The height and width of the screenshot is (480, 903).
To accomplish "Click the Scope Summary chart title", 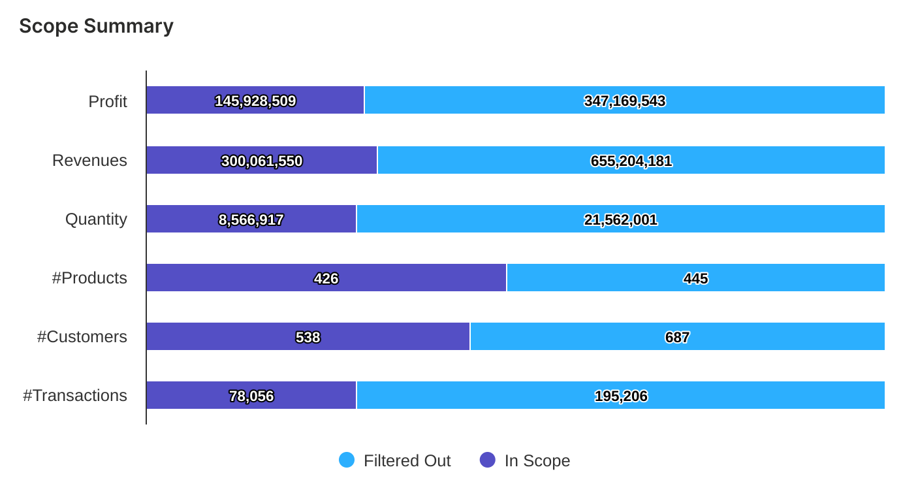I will pyautogui.click(x=96, y=26).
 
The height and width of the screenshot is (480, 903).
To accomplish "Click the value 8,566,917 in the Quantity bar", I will pyautogui.click(x=251, y=220).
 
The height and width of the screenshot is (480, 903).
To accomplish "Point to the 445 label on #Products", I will pyautogui.click(x=695, y=279).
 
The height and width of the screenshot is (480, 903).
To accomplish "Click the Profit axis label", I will pyautogui.click(x=108, y=101).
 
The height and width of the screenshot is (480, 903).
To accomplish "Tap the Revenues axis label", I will pyautogui.click(x=89, y=161).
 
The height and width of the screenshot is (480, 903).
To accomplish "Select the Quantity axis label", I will pyautogui.click(x=96, y=219).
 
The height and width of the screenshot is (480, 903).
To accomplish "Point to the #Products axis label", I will pyautogui.click(x=89, y=278).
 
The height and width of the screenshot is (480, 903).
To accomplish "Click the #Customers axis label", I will pyautogui.click(x=82, y=337).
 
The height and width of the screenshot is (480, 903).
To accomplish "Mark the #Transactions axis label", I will pyautogui.click(x=75, y=396).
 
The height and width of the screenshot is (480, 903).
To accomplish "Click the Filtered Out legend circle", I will pyautogui.click(x=347, y=460).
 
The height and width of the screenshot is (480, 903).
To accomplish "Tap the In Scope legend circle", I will pyautogui.click(x=488, y=460).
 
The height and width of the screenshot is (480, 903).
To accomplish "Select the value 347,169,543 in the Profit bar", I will pyautogui.click(x=624, y=101).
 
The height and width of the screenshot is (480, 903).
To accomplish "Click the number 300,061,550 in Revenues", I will pyautogui.click(x=261, y=161).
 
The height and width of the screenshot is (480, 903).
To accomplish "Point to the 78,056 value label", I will pyautogui.click(x=251, y=396).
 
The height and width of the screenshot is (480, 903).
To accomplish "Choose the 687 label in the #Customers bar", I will pyautogui.click(x=677, y=338).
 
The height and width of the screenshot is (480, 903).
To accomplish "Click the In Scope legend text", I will pyautogui.click(x=537, y=461).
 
